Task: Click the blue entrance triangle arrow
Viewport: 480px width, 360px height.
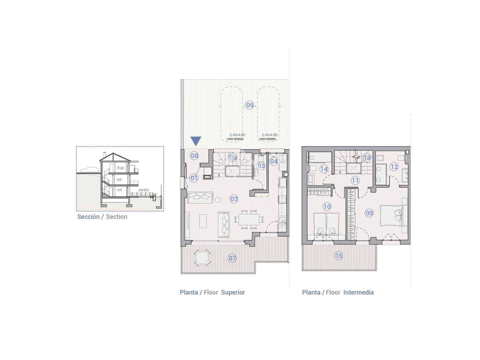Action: (x=196, y=141)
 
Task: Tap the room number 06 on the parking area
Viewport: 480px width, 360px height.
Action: (x=250, y=105)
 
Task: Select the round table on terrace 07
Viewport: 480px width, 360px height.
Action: (x=202, y=258)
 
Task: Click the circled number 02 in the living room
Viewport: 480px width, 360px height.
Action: (x=234, y=199)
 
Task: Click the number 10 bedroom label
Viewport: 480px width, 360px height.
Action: (x=327, y=206)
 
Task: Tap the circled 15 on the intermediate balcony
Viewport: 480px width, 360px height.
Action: (x=339, y=256)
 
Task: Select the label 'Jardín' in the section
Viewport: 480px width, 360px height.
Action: (x=143, y=190)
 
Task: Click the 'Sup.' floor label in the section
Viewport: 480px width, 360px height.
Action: (x=121, y=168)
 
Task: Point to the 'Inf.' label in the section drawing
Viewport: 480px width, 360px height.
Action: (x=120, y=190)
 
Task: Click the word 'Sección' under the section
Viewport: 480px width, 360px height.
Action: (x=88, y=217)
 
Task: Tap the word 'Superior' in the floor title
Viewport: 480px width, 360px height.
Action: (x=233, y=292)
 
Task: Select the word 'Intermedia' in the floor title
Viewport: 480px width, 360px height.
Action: (x=358, y=292)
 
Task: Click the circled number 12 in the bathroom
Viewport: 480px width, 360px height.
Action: (x=394, y=167)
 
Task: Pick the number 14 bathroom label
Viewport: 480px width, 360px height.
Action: (x=324, y=169)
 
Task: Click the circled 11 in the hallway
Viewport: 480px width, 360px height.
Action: (x=355, y=181)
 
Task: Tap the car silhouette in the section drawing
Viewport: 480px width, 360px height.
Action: (x=89, y=169)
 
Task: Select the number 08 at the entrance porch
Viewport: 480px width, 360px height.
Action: (x=194, y=155)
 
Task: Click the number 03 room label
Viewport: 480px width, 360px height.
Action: (x=261, y=166)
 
